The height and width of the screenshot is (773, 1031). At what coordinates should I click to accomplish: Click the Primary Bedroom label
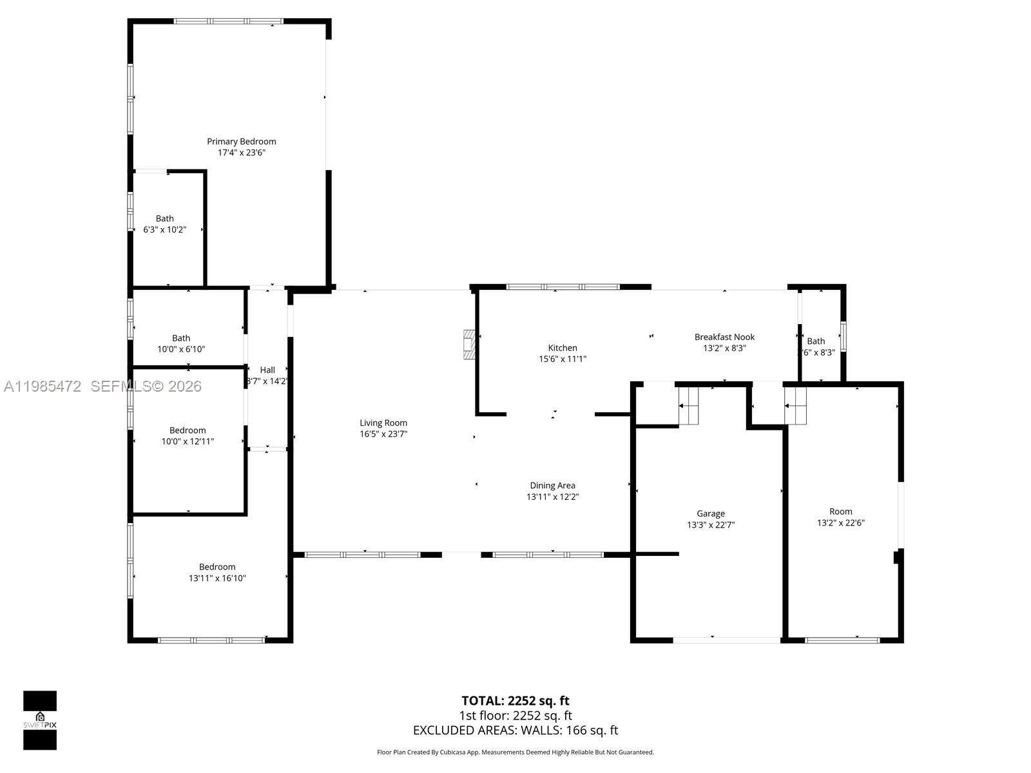click(x=241, y=142)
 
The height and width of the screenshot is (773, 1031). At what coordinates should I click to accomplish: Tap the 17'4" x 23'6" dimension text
click(x=241, y=153)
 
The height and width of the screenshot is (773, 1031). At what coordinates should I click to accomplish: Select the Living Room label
click(x=383, y=423)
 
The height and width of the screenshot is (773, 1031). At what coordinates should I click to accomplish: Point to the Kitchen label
click(x=562, y=348)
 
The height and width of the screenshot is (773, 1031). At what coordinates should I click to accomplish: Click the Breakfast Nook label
click(x=724, y=337)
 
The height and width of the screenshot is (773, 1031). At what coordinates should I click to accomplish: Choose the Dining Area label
click(x=552, y=486)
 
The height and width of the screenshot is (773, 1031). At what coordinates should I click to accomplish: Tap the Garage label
click(x=710, y=513)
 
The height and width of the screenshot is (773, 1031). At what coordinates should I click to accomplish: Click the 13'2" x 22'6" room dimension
click(x=840, y=523)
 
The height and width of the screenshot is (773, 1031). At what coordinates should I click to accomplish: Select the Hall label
click(x=267, y=370)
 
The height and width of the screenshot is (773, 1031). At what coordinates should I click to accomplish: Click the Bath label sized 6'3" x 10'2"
click(x=164, y=218)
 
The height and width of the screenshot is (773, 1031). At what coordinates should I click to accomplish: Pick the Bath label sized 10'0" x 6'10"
click(x=181, y=338)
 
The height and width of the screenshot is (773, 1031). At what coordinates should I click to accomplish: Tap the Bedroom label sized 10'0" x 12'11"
click(x=188, y=430)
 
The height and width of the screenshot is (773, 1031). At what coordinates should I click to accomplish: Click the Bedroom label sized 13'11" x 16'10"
click(x=217, y=567)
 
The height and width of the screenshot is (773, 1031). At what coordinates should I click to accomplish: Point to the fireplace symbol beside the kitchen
click(x=470, y=345)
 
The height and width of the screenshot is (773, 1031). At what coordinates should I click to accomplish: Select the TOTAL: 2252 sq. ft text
click(x=515, y=701)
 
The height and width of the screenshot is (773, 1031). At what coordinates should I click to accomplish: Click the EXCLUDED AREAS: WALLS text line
click(x=515, y=730)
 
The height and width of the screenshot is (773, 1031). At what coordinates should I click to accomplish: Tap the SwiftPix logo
click(x=40, y=720)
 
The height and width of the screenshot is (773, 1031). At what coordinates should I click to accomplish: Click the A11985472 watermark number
click(x=43, y=386)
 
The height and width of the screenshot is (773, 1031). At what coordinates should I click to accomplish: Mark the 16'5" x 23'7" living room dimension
click(x=383, y=434)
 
